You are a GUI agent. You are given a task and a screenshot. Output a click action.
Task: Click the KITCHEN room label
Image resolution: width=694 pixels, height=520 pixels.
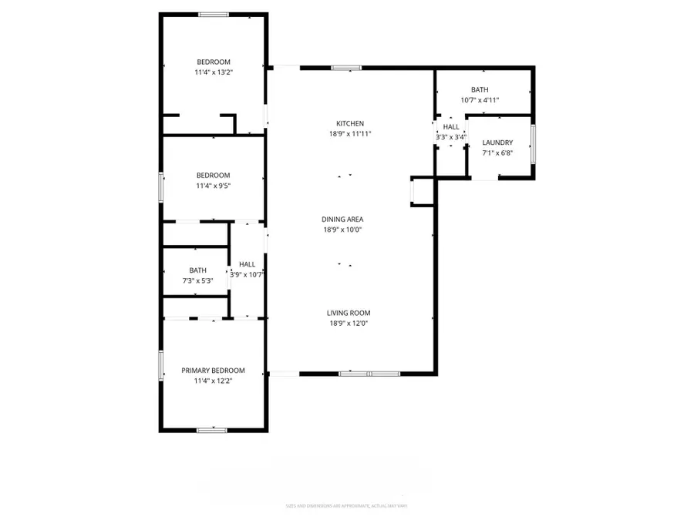click(x=349, y=123)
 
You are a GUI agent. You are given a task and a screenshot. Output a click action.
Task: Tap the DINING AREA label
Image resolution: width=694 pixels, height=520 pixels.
click(x=342, y=219)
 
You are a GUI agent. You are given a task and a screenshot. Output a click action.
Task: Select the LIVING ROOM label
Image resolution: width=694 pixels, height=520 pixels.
click(x=349, y=313)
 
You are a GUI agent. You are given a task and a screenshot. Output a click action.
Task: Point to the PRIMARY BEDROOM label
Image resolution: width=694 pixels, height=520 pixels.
click(x=213, y=371)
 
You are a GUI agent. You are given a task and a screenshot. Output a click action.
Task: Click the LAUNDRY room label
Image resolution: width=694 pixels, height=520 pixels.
click(x=497, y=143)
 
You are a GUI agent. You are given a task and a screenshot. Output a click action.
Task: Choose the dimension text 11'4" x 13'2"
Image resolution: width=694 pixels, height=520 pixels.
click(x=213, y=72)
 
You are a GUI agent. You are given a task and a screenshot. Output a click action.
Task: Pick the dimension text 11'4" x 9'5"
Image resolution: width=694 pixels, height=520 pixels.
click(x=213, y=186)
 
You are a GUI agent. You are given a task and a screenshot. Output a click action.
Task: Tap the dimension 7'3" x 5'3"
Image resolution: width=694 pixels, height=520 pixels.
click(x=198, y=280)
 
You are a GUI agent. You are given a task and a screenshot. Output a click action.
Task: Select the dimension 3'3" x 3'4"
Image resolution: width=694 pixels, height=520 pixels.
click(x=451, y=137)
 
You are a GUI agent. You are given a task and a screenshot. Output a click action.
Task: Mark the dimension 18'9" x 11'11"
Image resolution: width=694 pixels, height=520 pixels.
click(x=350, y=134)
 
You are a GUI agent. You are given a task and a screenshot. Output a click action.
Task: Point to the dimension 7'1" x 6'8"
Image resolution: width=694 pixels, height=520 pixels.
click(x=497, y=153)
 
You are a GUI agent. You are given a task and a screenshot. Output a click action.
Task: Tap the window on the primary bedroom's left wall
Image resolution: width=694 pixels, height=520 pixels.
click(x=161, y=365)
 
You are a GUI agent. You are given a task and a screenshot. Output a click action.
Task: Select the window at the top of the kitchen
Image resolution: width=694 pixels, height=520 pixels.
click(x=347, y=68)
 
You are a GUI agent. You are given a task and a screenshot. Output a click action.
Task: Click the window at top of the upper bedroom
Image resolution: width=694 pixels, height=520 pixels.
click(x=214, y=14)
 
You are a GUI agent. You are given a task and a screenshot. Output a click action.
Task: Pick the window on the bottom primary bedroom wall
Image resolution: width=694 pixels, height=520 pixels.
click(x=211, y=430)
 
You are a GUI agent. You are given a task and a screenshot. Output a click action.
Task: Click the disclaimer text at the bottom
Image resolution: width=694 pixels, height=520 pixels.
click(x=346, y=506)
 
